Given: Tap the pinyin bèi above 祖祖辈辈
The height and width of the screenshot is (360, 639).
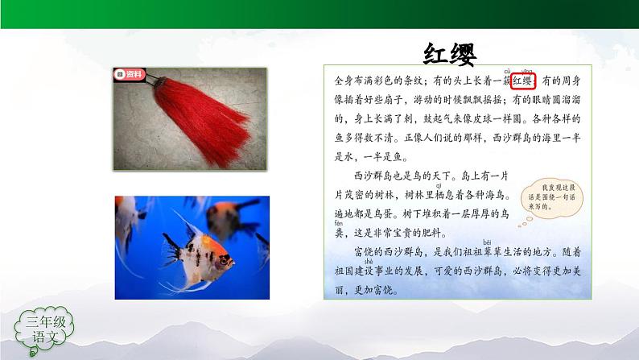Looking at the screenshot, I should (x=487, y=242).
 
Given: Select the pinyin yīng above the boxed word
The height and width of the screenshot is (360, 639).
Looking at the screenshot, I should (x=527, y=72).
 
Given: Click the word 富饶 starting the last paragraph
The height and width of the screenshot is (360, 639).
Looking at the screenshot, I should (x=363, y=252).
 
